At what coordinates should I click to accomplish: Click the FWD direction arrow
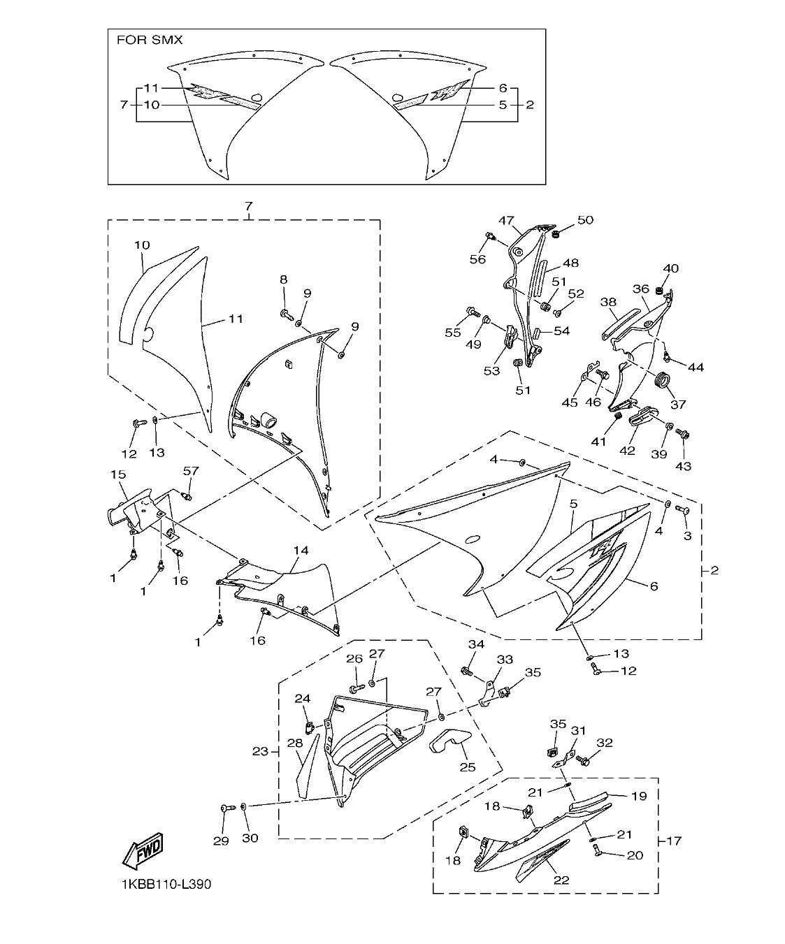coord(143,850)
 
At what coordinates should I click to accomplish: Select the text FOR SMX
coord(149,40)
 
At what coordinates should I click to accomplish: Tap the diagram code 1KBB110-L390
coord(166,884)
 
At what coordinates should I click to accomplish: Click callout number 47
coord(506,219)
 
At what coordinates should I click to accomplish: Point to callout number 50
coord(585,220)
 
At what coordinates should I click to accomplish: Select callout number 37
coord(677,404)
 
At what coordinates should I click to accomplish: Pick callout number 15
coord(117,474)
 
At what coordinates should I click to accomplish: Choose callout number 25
coord(467,767)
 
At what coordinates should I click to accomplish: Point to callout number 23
coord(261,751)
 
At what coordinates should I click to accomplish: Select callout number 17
coord(673,841)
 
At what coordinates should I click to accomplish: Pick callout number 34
coord(476,644)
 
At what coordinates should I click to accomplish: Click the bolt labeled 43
coord(684,435)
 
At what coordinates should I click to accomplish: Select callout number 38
coord(608,302)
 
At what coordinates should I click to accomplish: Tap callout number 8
coord(284,279)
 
